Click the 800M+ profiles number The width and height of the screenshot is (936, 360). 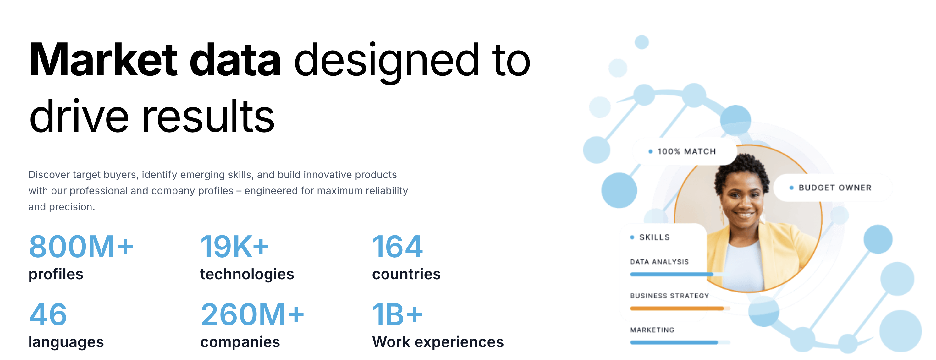[x=81, y=247]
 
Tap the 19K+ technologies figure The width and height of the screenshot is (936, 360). [x=235, y=247]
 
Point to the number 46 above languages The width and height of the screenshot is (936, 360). [x=48, y=314]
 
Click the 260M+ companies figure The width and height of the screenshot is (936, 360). [x=252, y=314]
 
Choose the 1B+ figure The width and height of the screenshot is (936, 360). [x=398, y=314]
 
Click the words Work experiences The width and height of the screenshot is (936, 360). [x=438, y=342]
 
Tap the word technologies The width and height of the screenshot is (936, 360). [x=247, y=274]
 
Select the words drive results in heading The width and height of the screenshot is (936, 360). [x=152, y=116]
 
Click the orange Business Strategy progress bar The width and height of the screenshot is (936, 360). [x=677, y=308]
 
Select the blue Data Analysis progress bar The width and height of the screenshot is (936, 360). [x=671, y=274]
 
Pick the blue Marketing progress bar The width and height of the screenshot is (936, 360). [x=674, y=342]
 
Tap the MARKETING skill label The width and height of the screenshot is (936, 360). [x=652, y=330]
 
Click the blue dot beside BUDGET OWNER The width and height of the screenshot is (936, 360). [x=791, y=188]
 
